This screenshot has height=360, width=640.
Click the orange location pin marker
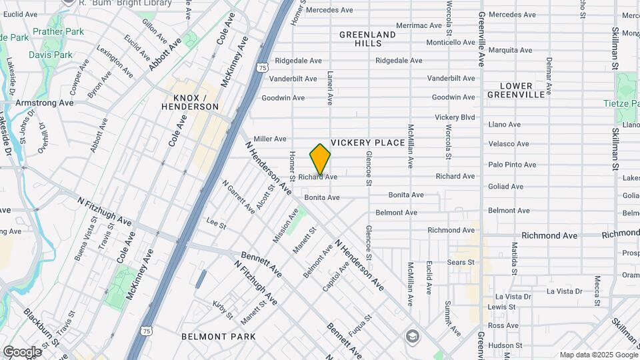320,159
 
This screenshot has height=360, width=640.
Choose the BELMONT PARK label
218,337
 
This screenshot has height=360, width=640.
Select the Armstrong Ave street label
44,103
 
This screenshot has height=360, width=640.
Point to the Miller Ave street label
270,139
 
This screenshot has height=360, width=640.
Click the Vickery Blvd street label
455,117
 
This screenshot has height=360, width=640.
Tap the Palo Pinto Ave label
512,164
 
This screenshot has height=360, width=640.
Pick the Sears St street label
461,262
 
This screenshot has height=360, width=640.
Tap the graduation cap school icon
412,335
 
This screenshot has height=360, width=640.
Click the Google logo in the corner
21,351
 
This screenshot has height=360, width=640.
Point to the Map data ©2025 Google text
597,355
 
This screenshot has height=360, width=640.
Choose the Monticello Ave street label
451,42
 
